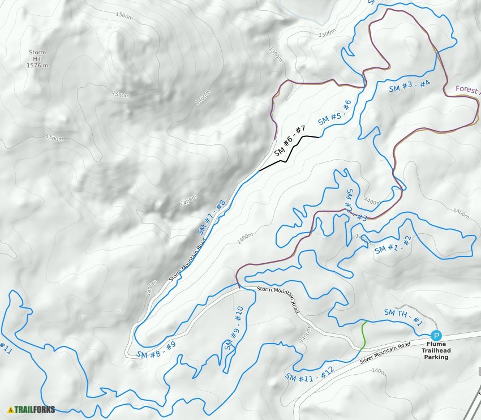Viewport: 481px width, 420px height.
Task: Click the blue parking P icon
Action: [436, 335]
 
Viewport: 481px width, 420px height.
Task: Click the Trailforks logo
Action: [31, 409]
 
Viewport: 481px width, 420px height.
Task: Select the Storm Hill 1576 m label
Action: [37, 59]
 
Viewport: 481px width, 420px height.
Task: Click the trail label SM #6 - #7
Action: [290, 141]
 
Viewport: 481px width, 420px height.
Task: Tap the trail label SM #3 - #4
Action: [410, 87]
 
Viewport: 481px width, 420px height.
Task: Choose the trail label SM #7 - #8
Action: [212, 217]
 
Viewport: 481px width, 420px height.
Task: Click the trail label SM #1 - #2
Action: [396, 245]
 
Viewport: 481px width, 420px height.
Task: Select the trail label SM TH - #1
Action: [403, 317]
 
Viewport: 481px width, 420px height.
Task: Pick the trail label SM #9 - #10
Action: [233, 328]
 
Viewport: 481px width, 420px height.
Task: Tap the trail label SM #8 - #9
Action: [156, 349]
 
